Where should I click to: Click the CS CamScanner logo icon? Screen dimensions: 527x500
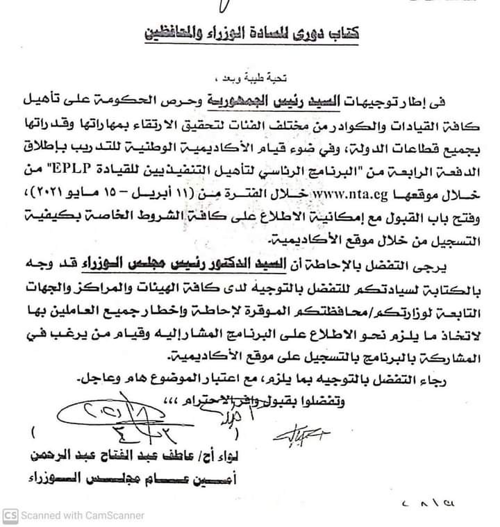(x=10, y=515)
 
